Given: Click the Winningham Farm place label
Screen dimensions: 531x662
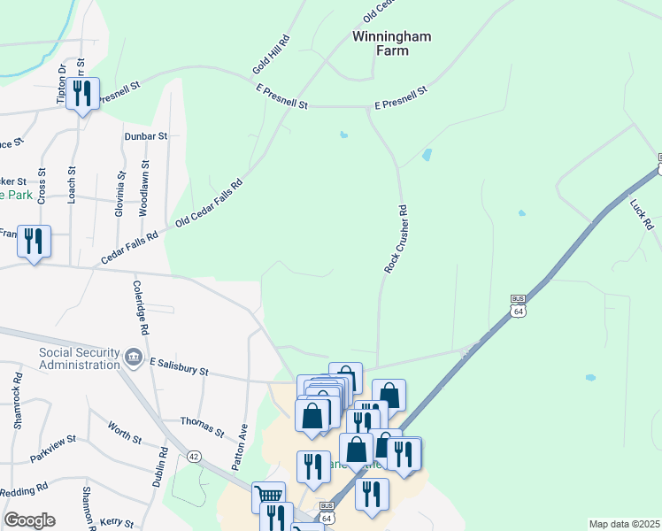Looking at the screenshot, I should [381, 43].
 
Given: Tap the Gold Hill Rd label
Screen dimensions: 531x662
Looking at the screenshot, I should [272, 55].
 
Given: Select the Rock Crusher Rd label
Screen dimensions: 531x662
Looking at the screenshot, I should [396, 239].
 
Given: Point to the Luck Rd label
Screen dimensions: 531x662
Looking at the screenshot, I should [642, 212].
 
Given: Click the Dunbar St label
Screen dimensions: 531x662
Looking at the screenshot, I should [146, 136].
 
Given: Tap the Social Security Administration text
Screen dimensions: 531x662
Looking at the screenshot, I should [67, 358].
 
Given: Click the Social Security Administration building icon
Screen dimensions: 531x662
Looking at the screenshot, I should [134, 357].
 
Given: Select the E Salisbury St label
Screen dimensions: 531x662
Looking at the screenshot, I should [179, 368].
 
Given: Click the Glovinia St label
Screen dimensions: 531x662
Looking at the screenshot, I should [119, 195].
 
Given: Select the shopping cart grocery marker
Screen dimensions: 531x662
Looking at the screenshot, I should [268, 496].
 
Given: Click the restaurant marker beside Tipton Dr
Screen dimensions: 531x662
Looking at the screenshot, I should [82, 94].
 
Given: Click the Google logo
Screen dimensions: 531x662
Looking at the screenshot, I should [29, 520].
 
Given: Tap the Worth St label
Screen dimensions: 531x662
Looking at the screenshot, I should [125, 433].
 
